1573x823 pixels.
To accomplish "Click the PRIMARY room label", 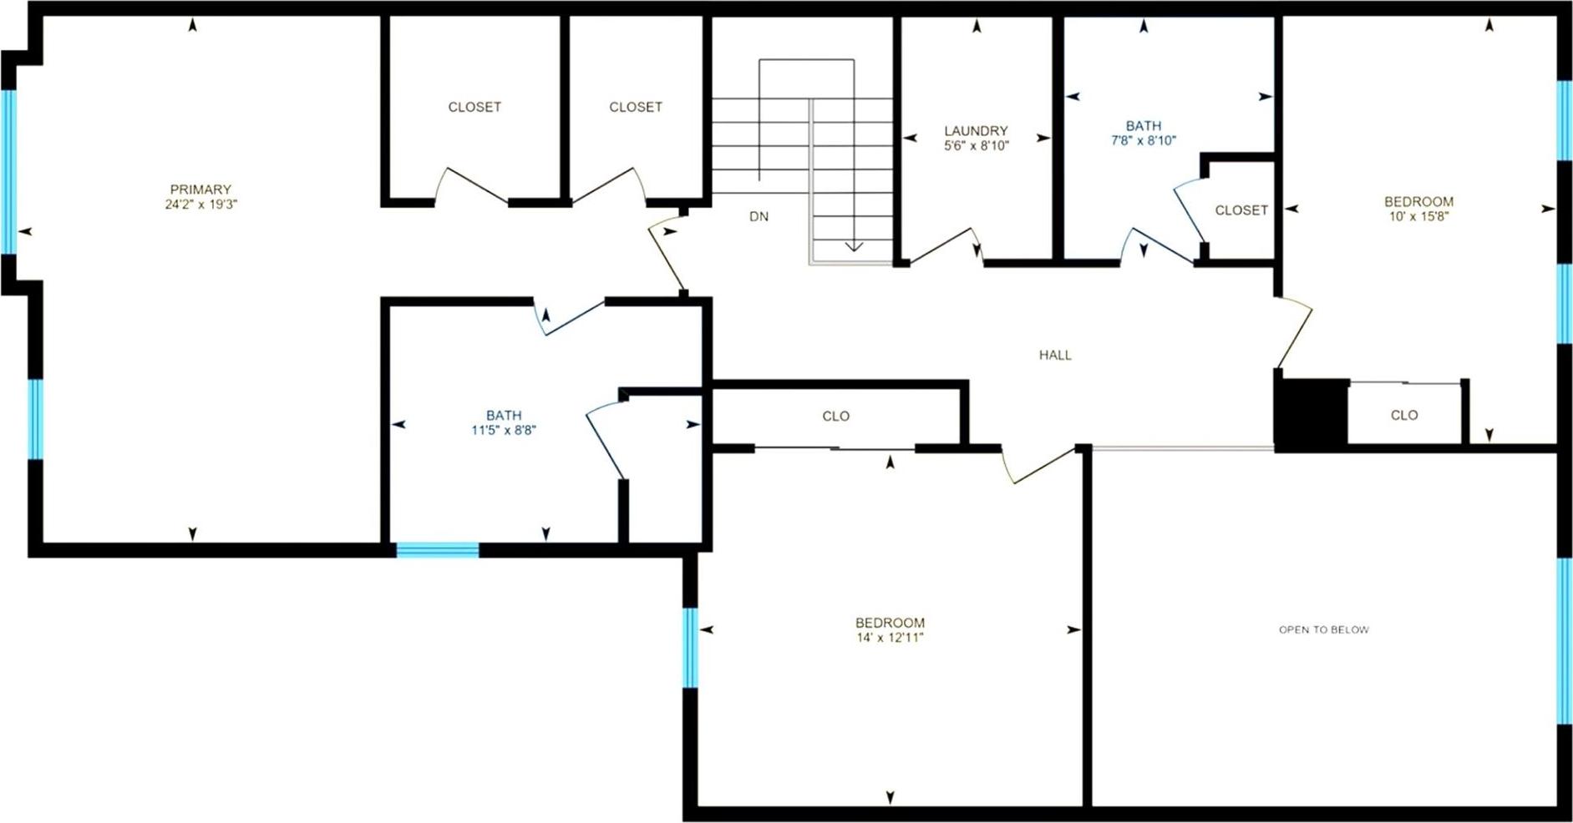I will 200,189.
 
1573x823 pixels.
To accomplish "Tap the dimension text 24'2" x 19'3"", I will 200,204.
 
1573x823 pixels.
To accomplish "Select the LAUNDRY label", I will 976,131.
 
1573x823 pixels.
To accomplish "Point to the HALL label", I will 1055,356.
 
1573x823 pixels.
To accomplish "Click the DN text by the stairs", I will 759,217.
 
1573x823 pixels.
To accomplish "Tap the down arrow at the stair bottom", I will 853,245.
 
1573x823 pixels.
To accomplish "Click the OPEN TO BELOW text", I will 1324,630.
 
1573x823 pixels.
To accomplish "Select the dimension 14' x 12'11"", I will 890,638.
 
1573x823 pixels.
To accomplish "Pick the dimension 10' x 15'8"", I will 1418,216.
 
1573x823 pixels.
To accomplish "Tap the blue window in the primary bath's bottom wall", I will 437,550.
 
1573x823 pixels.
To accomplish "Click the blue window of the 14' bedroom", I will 690,647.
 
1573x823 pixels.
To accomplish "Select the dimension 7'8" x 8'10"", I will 1143,141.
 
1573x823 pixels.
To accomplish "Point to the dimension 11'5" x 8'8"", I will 504,431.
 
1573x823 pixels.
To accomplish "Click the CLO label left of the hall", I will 835,417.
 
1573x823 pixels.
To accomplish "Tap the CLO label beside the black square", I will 1404,416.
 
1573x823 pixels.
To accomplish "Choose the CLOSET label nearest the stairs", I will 636,108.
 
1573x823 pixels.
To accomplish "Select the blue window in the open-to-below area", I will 1565,641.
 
